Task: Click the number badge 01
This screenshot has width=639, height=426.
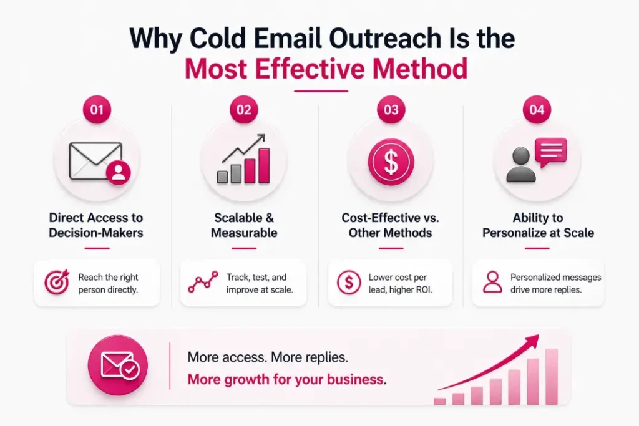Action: pos(97,110)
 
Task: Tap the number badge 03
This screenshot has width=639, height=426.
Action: pos(391,110)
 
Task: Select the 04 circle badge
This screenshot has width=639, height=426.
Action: pos(537,110)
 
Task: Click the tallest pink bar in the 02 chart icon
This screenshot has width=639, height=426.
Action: pos(264,165)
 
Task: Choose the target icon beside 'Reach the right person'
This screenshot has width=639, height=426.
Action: pos(57,283)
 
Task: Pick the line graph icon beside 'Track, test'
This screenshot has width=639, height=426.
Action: pos(203,283)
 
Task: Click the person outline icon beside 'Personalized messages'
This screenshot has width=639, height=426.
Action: pos(492,283)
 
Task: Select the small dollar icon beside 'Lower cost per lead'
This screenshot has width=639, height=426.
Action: pos(348,283)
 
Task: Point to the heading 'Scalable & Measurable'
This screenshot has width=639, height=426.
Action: pos(243,225)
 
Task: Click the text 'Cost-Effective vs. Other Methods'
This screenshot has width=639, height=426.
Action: pos(391,225)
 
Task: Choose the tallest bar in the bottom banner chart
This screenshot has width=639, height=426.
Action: pos(552,377)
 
